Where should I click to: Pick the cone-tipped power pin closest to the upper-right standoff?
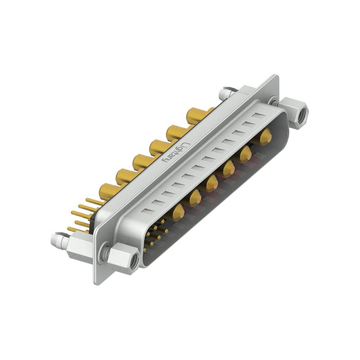pyautogui.click(x=266, y=135)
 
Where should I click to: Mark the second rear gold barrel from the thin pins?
pyautogui.click(x=123, y=175)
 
